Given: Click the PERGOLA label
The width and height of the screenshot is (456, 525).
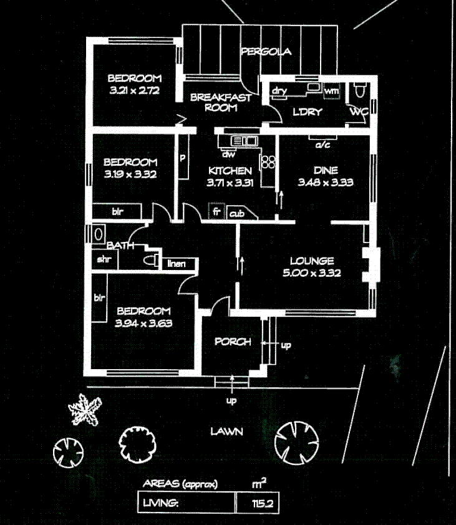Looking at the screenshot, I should click(266, 52).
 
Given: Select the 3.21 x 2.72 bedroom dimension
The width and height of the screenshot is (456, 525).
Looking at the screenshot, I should click(134, 90).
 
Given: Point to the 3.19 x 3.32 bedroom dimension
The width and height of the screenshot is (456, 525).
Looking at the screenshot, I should click(130, 174).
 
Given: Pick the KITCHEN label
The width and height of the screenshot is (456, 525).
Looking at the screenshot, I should click(230, 171).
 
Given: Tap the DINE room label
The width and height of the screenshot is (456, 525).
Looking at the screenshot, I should click(326, 170).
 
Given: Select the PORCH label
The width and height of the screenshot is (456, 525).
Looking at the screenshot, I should click(233, 342).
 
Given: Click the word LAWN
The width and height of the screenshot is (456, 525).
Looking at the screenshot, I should click(226, 431).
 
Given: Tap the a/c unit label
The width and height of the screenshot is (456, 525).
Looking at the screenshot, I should click(323, 145).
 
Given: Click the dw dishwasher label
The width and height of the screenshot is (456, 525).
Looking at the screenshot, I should click(228, 153).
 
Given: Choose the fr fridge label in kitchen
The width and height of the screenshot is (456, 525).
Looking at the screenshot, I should click(217, 212).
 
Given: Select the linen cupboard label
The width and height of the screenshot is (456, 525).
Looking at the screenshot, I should click(178, 264).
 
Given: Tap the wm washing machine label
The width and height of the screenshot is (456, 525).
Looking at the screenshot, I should click(332, 92).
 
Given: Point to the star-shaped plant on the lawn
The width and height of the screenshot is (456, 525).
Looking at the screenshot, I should click(85, 411).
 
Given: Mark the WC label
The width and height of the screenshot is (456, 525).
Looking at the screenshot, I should click(358, 112).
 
